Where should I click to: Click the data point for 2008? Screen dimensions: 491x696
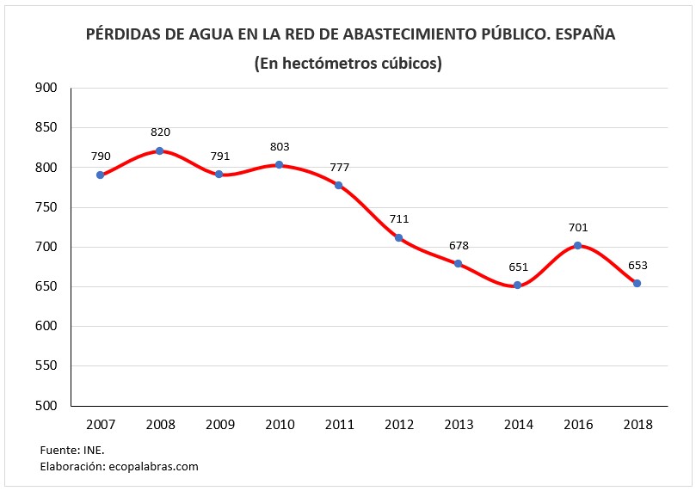point(160,150)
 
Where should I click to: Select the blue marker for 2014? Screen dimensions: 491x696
point(518,285)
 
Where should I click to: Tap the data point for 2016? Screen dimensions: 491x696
point(577,245)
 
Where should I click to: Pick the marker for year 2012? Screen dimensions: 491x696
point(398,237)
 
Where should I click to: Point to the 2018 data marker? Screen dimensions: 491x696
point(637,283)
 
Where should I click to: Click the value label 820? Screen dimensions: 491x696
point(160,132)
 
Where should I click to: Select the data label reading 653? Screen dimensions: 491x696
point(637,265)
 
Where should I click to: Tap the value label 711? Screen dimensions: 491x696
point(398,219)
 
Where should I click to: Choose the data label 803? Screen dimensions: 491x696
point(280,147)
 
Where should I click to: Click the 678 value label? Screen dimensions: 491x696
point(459,246)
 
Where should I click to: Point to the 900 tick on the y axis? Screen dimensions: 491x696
point(46,88)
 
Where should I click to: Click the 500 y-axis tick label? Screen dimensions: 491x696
point(46,406)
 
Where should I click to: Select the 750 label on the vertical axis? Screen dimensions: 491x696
point(46,207)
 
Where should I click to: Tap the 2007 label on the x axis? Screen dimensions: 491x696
point(101,425)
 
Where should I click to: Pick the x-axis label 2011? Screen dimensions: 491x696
point(339,425)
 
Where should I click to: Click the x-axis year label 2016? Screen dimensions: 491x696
point(577,425)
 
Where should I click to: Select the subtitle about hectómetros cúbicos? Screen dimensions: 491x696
point(348,64)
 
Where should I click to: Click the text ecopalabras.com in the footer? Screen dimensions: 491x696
point(153,466)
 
